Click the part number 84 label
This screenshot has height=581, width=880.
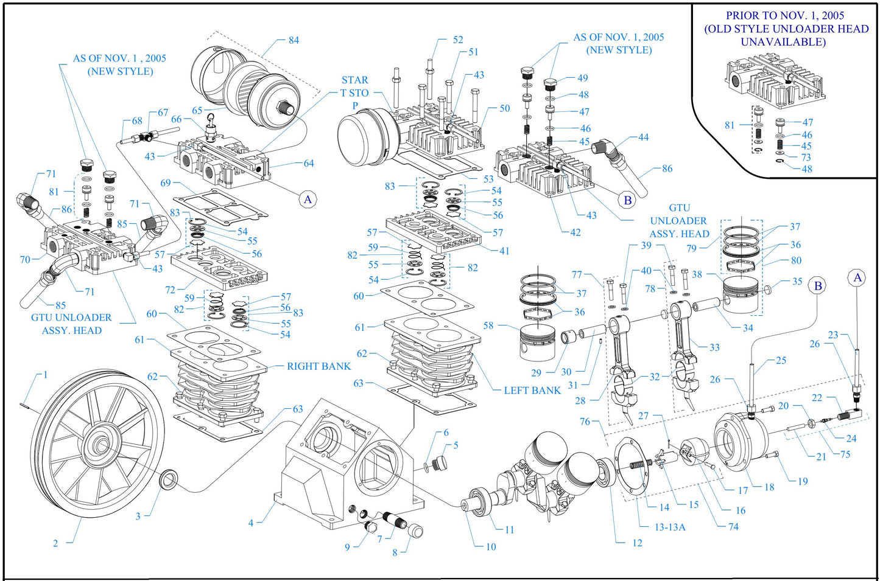(294, 40)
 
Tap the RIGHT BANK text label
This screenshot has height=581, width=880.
(319, 366)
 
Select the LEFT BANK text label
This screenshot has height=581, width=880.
(532, 391)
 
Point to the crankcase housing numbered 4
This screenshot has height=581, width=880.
(341, 468)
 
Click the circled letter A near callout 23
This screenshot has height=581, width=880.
(857, 278)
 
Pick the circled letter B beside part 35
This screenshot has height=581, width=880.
(818, 286)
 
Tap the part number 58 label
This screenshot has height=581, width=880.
(488, 325)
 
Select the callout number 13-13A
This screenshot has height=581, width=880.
(669, 527)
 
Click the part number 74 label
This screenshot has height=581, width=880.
(733, 527)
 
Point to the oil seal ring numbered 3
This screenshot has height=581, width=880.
(167, 479)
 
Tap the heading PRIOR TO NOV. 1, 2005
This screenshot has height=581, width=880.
(785, 16)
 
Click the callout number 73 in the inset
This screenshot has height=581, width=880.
(806, 158)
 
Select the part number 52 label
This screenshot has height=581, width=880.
(458, 40)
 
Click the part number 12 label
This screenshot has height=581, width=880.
(637, 543)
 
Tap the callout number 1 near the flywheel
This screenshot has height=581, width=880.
(45, 375)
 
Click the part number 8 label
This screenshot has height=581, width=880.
(395, 552)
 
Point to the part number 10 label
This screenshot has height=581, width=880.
(491, 546)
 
